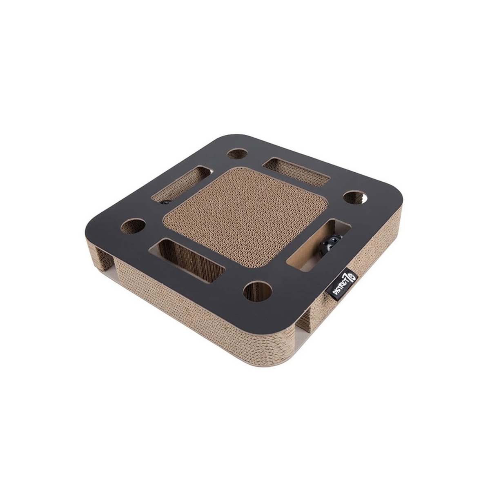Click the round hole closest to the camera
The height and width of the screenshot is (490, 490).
pyautogui.click(x=258, y=292)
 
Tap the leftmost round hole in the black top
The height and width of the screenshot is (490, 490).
pyautogui.click(x=133, y=227)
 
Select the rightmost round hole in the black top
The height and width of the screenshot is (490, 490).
pyautogui.click(x=355, y=197)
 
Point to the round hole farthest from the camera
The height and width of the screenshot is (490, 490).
pyautogui.click(x=237, y=154)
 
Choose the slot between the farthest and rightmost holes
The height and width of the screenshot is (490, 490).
pyautogui.click(x=296, y=171)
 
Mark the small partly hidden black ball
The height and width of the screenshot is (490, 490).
pyautogui.click(x=166, y=203)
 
